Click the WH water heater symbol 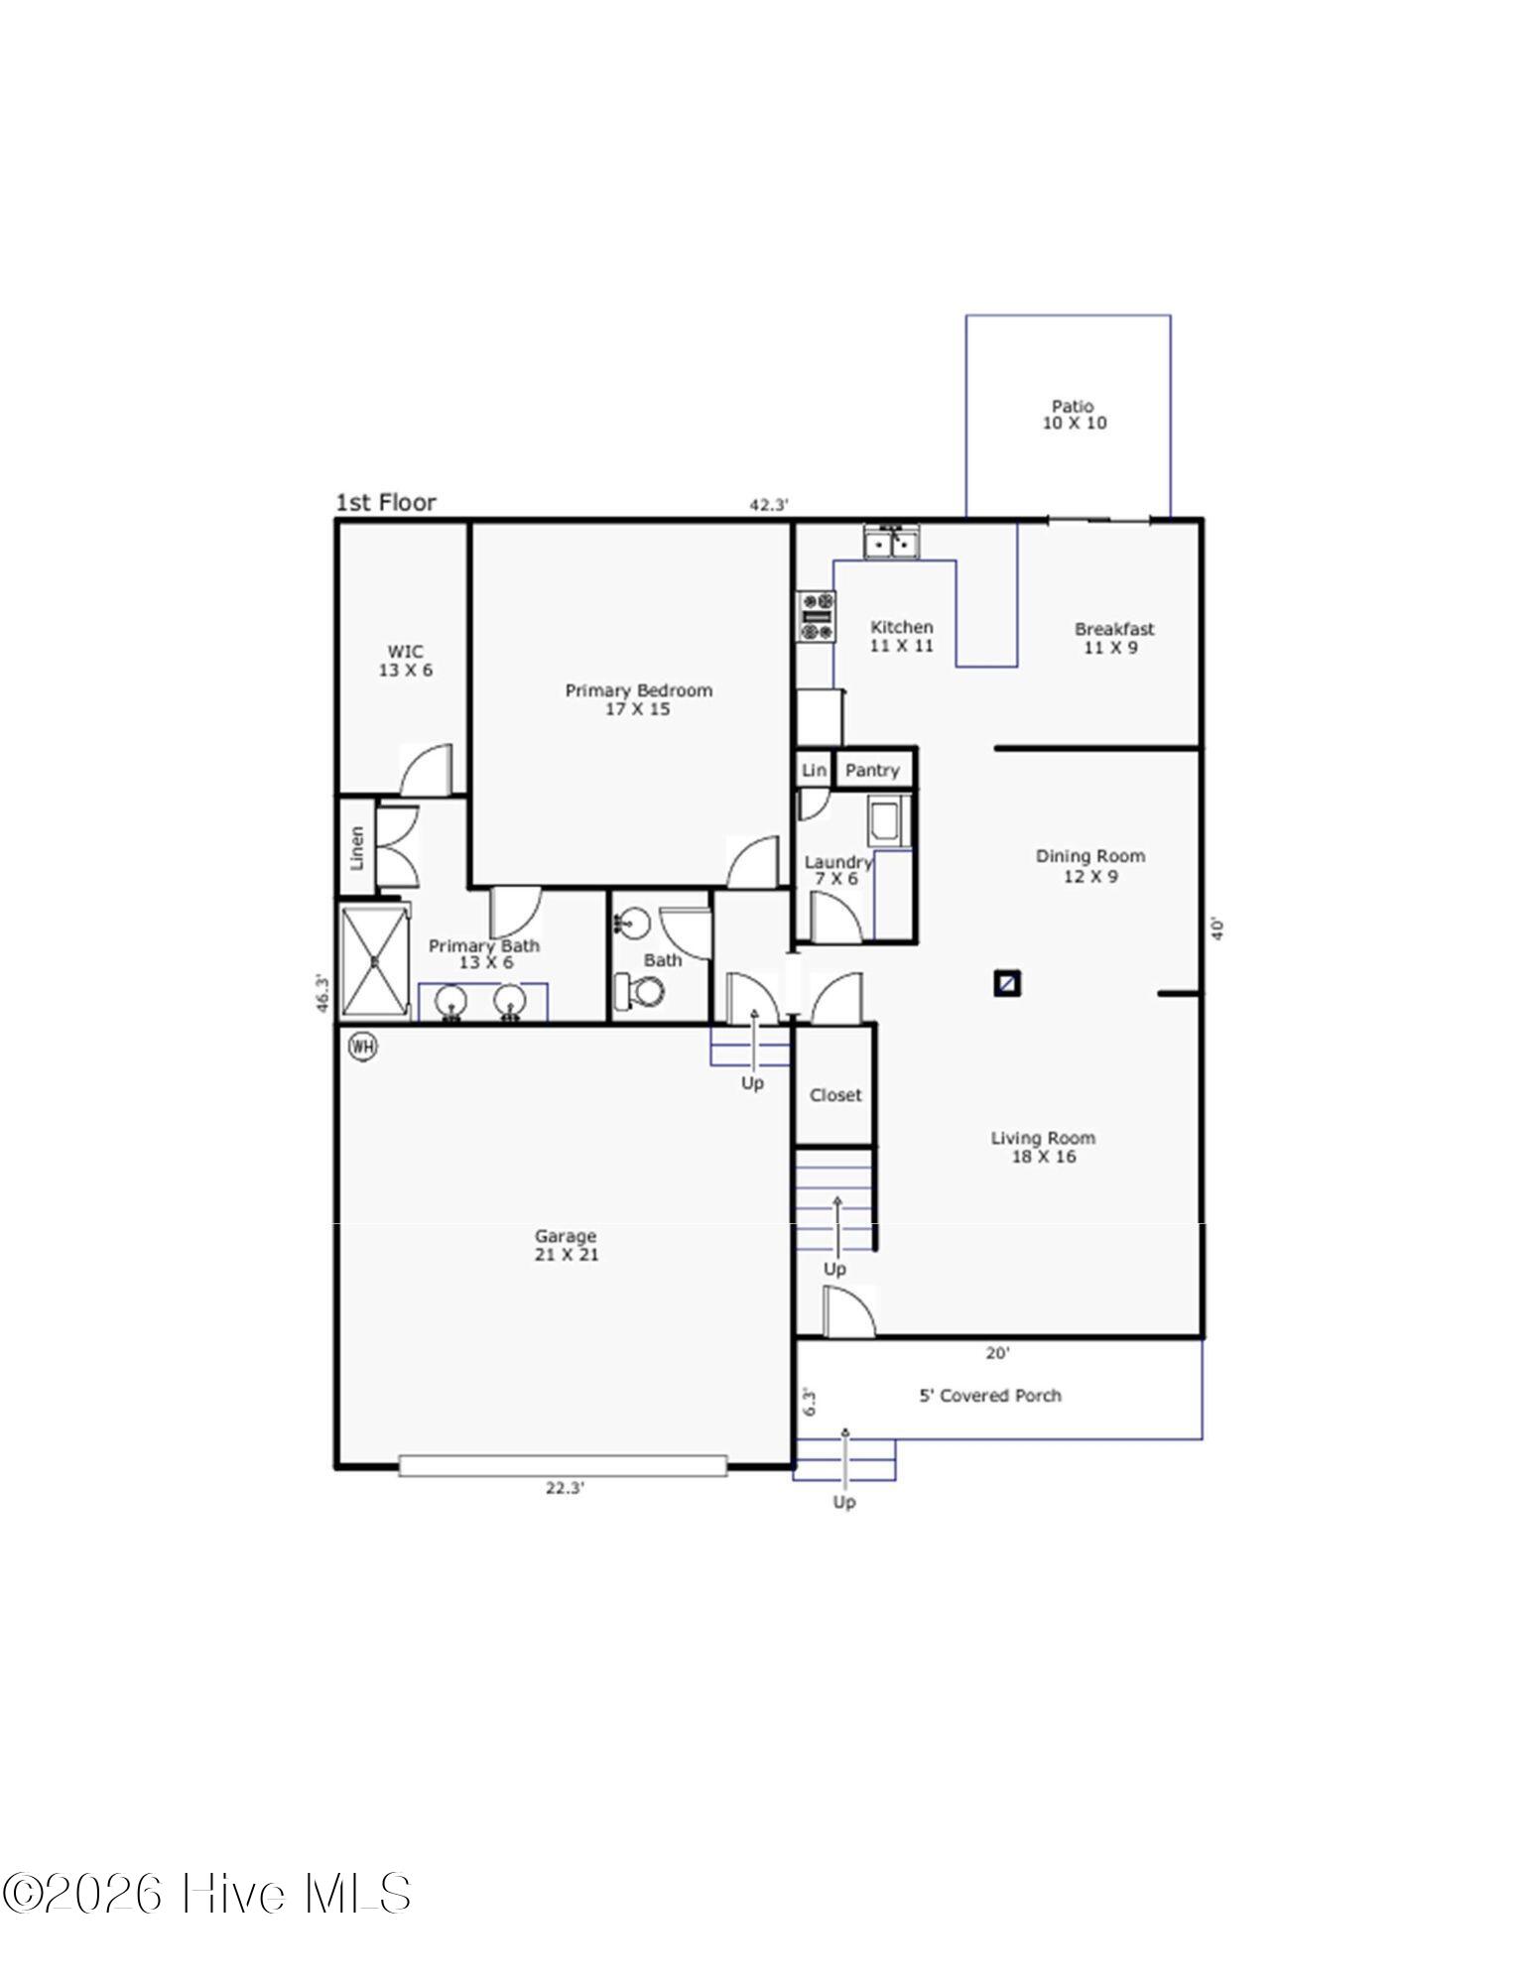[x=363, y=1046]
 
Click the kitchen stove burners [x=818, y=616]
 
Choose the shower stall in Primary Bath [x=374, y=960]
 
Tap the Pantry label [x=872, y=770]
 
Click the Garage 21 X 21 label [x=566, y=1245]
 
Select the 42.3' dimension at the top [x=769, y=505]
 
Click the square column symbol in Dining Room [x=1007, y=983]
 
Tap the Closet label [x=835, y=1095]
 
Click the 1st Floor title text [x=386, y=503]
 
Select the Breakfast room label [x=1113, y=638]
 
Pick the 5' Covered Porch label [x=989, y=1396]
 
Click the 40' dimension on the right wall [x=1219, y=929]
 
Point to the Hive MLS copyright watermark [x=206, y=1894]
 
